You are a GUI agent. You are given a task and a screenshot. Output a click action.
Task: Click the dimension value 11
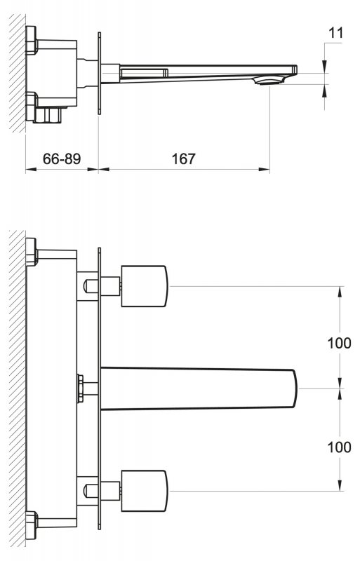[x=335, y=33]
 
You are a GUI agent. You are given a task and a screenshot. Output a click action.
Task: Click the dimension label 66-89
[x=62, y=158]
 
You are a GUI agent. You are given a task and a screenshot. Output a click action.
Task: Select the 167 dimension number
[x=183, y=158]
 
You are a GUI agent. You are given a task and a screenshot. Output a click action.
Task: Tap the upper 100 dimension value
[x=339, y=343]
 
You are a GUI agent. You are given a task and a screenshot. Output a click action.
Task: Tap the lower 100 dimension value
[x=339, y=447]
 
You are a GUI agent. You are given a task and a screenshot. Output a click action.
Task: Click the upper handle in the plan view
[x=145, y=286]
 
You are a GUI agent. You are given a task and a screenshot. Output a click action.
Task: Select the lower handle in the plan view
[x=145, y=490]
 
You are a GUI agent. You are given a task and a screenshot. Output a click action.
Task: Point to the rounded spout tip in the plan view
[x=295, y=388]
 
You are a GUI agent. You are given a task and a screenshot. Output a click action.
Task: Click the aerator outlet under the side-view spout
[x=268, y=81]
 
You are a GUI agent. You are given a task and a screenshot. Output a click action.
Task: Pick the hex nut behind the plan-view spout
[x=80, y=388]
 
